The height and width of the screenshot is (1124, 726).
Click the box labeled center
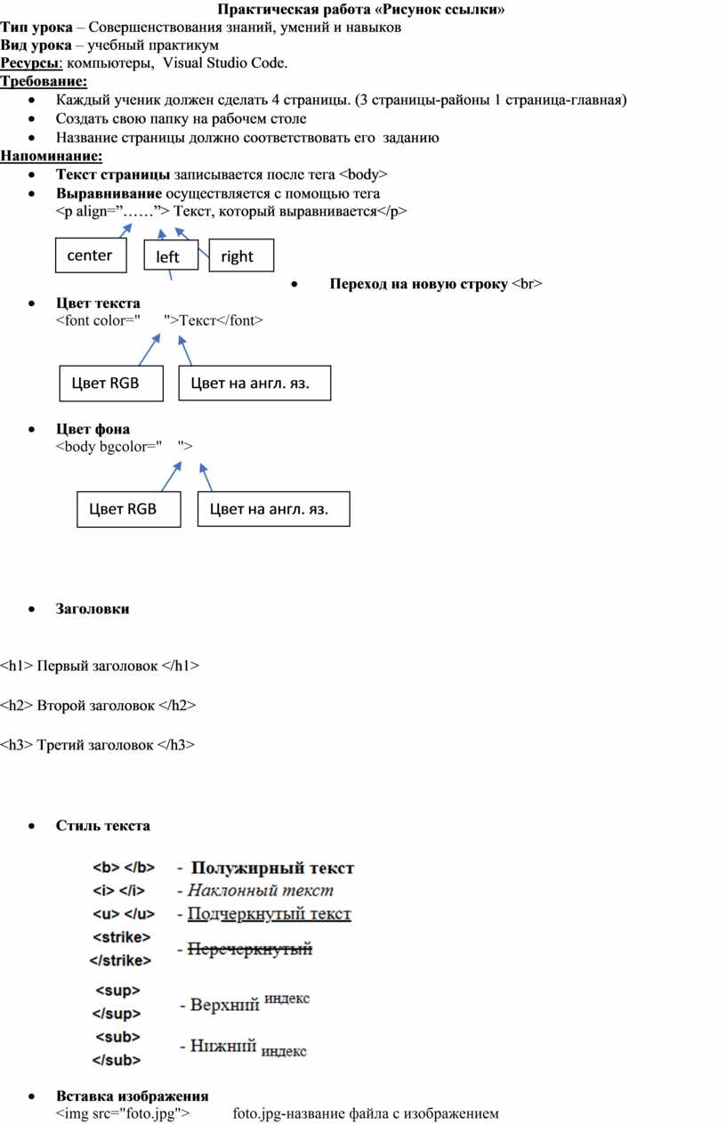click(x=91, y=255)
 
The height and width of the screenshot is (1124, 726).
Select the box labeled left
click(x=171, y=256)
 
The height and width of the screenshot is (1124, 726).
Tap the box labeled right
click(x=241, y=255)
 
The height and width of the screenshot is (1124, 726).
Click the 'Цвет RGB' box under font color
click(x=111, y=384)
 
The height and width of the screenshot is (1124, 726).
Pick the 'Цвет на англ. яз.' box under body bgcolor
click(x=273, y=509)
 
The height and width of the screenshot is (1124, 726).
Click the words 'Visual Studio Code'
click(x=224, y=63)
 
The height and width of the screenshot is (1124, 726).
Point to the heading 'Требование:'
click(x=44, y=81)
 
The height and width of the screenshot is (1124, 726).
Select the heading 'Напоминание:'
click(x=52, y=156)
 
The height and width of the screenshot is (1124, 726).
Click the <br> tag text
click(x=527, y=284)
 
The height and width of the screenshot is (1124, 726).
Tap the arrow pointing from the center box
click(x=126, y=230)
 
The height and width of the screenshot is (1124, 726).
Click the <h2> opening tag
click(x=17, y=706)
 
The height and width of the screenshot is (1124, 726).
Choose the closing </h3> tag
click(x=176, y=745)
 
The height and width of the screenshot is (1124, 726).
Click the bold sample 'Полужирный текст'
click(x=273, y=868)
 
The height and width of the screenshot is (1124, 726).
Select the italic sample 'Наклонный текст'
click(x=261, y=891)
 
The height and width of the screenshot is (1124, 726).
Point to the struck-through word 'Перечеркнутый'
click(x=250, y=949)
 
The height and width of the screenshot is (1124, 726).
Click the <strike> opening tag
click(x=121, y=937)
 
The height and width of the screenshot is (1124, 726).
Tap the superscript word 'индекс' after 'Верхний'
click(x=287, y=999)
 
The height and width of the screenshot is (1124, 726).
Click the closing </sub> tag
click(x=117, y=1060)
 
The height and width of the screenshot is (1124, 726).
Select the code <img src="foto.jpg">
click(x=123, y=1113)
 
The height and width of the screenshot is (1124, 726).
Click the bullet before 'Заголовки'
click(x=32, y=610)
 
